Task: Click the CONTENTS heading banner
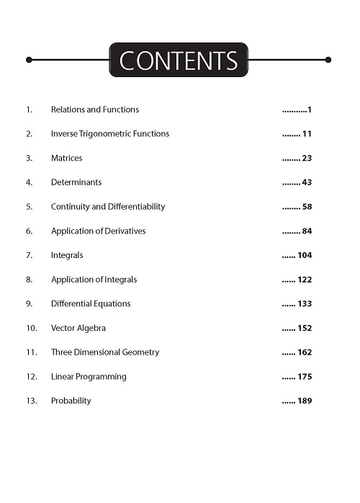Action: (179, 61)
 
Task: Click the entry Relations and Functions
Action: (95, 110)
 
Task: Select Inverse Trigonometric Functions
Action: (110, 134)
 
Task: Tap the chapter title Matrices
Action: (66, 158)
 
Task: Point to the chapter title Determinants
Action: (76, 182)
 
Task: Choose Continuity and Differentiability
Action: (108, 207)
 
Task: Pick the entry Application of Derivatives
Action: (98, 231)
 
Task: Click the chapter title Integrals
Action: (67, 255)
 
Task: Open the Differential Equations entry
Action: (91, 304)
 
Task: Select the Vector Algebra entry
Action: (78, 328)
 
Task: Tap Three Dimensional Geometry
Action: (105, 352)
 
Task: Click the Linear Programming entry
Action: (89, 377)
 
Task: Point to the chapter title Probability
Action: (71, 401)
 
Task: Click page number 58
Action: (307, 207)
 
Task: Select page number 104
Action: (305, 255)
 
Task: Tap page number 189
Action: (305, 401)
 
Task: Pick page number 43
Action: (307, 182)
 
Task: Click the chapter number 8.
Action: (29, 280)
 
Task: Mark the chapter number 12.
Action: (31, 377)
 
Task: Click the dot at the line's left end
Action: (29, 60)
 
